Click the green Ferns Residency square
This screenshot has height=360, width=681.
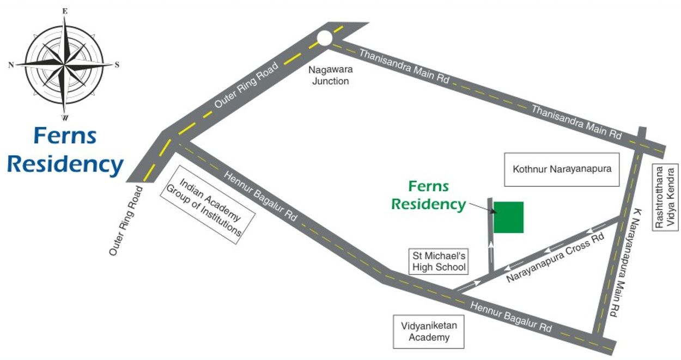tap(509, 217)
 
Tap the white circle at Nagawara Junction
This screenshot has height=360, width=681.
tap(324, 38)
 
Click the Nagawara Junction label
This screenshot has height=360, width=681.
tap(329, 75)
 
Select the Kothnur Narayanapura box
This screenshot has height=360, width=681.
tap(562, 169)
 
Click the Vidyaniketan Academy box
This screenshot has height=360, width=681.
tap(429, 331)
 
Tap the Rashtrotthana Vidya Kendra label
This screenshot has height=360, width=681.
tap(665, 197)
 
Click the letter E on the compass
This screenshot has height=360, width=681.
tap(65, 10)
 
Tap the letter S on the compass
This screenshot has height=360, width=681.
tap(117, 65)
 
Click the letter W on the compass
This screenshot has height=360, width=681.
tap(65, 118)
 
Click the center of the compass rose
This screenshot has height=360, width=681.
tap(64, 65)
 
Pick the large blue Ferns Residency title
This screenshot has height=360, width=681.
tap(65, 150)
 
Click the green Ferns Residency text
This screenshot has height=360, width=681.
tap(429, 195)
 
